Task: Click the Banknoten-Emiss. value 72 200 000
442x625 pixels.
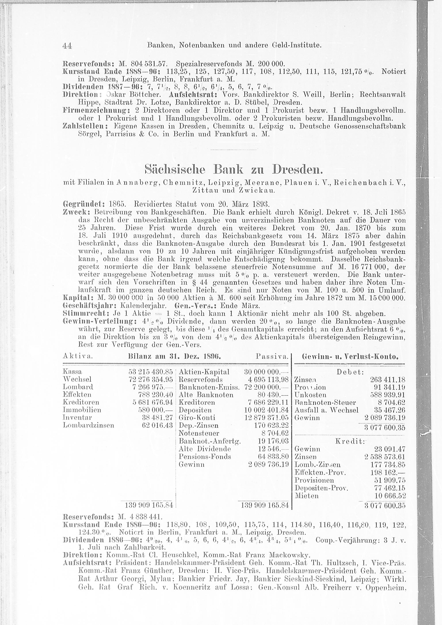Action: point(266,387)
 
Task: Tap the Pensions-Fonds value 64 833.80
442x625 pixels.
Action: point(273,457)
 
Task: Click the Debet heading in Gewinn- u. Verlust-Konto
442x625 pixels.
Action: point(350,372)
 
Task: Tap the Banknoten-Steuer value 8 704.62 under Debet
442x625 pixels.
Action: point(391,402)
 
